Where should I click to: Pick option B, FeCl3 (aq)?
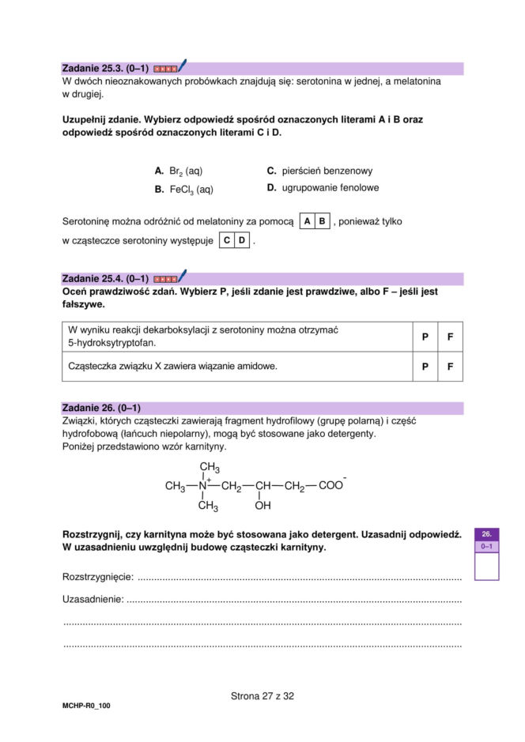[183, 190]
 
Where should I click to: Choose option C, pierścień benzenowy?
[319, 171]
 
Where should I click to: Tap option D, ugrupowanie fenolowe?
[323, 188]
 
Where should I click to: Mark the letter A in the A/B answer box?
[307, 222]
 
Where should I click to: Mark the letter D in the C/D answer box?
[242, 240]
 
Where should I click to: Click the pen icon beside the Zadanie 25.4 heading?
[182, 277]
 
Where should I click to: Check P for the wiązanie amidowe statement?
[425, 367]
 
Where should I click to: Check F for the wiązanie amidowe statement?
[450, 367]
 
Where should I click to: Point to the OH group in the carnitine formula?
[262, 506]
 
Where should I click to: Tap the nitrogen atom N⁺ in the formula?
[203, 486]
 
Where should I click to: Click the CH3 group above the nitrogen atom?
[209, 467]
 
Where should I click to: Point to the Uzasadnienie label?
[93, 600]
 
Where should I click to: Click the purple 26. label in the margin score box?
[486, 535]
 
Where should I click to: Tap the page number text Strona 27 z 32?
[262, 696]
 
